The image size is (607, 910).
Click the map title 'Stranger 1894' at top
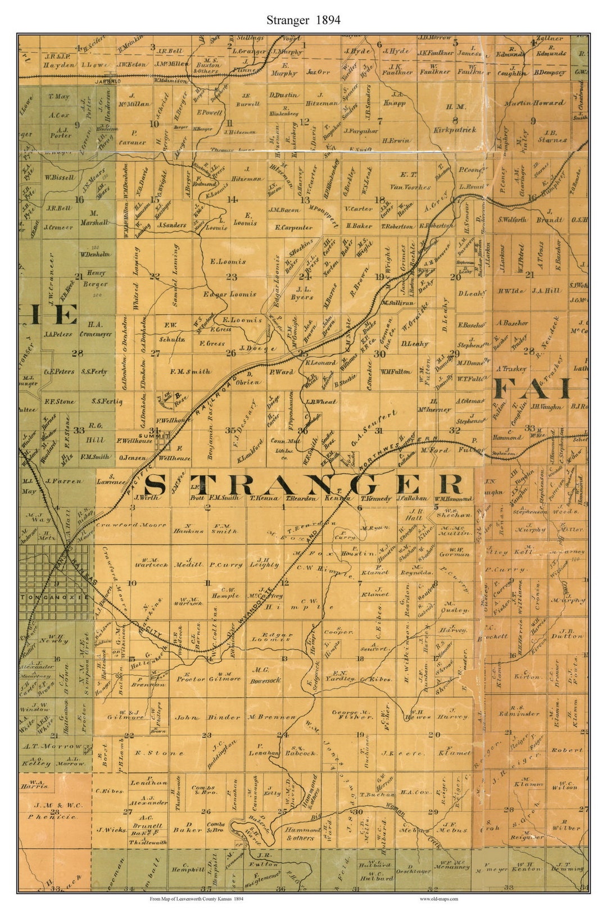(x=303, y=21)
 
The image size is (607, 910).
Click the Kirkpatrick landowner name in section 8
(x=455, y=130)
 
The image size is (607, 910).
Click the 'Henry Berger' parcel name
(x=96, y=279)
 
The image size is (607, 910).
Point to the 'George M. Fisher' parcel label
(x=352, y=714)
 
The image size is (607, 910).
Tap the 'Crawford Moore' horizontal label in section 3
(x=130, y=525)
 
